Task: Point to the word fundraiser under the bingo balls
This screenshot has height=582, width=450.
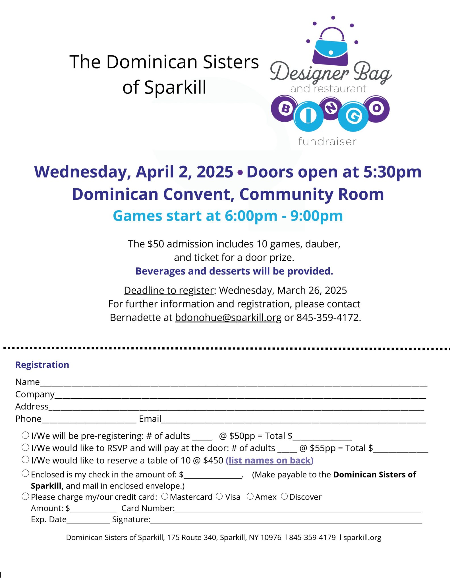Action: (327, 142)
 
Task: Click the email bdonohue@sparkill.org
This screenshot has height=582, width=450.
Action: (228, 317)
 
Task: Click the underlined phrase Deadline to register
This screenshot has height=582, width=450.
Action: (169, 290)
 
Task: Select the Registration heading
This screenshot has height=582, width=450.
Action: (42, 365)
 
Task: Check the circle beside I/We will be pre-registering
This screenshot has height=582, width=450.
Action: (25, 435)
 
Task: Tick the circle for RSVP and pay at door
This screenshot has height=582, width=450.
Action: (25, 447)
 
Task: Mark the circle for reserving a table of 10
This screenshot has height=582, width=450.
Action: (25, 460)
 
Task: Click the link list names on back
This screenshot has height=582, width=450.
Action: (269, 460)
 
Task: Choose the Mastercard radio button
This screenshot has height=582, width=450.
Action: (165, 496)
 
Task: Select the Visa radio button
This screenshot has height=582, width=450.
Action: (219, 496)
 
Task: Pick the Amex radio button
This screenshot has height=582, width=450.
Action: (250, 496)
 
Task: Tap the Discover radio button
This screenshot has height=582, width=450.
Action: (284, 496)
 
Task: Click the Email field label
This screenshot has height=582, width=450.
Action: (150, 419)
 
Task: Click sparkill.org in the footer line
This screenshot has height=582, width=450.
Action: (362, 537)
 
